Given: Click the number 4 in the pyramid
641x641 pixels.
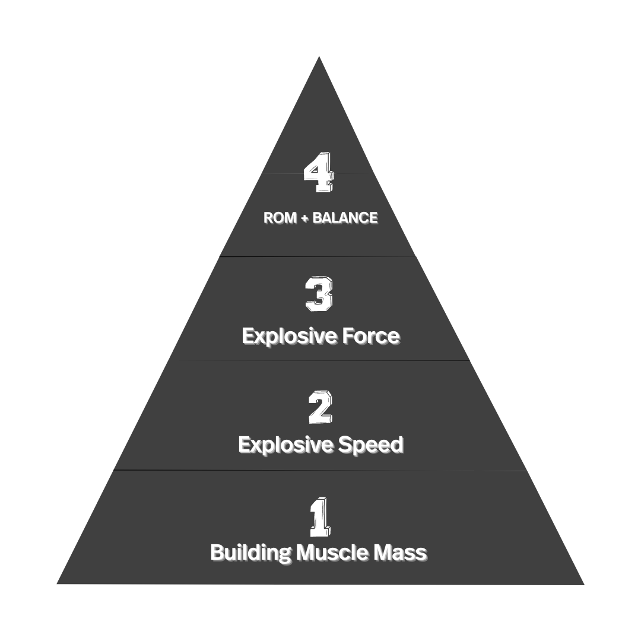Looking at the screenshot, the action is click(x=319, y=173).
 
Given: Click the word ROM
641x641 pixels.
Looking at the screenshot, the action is click(x=280, y=218).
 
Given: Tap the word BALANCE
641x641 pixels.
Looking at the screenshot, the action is click(x=345, y=218).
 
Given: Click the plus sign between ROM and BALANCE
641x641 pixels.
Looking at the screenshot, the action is click(x=304, y=218).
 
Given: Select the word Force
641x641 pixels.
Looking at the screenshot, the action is click(x=372, y=337).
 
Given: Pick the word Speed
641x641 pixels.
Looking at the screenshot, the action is click(x=371, y=445).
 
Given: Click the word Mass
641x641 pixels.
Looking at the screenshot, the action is click(x=400, y=553).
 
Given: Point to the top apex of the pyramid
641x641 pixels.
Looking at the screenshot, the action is click(x=319, y=58).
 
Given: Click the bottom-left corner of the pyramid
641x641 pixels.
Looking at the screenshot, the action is click(x=58, y=583).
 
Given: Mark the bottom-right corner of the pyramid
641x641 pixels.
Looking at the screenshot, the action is click(x=583, y=584).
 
